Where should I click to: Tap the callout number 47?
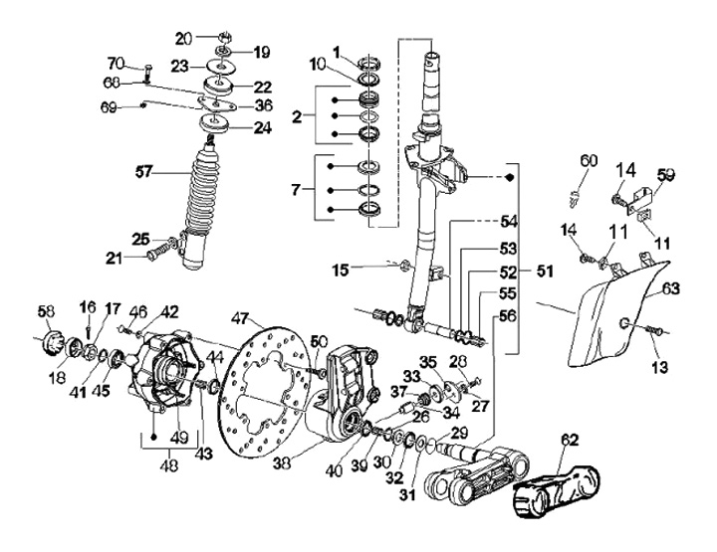point(240,319)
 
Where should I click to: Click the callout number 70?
point(116,65)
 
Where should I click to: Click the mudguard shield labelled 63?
point(612,318)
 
